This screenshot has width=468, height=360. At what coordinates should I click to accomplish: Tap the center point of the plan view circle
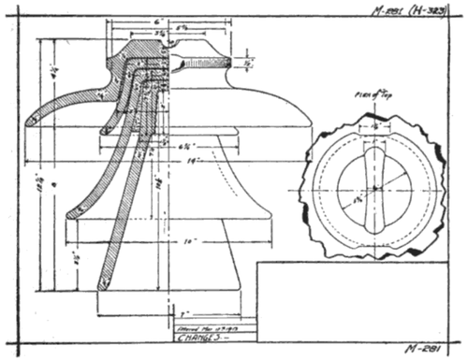[374, 188]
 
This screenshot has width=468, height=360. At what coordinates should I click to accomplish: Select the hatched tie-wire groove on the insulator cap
[201, 64]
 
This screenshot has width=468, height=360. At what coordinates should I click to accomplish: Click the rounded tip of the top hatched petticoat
[31, 118]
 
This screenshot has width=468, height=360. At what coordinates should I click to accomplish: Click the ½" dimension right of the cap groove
[245, 64]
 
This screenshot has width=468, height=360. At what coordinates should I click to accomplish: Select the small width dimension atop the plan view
[375, 123]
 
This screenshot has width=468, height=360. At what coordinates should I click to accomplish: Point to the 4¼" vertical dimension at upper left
[54, 70]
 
